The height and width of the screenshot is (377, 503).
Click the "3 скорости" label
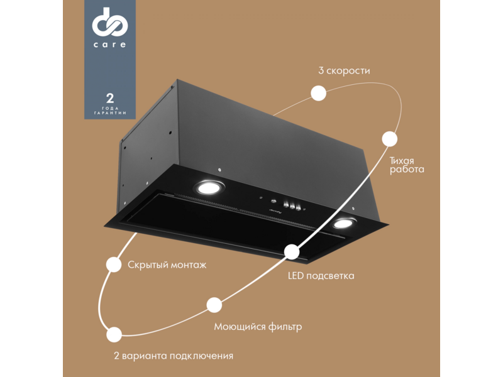(344, 70)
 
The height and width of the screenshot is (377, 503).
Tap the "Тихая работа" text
(407, 165)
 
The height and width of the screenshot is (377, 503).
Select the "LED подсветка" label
(321, 276)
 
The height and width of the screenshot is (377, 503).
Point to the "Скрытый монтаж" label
(167, 265)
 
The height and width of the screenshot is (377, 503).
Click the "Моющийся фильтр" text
(258, 327)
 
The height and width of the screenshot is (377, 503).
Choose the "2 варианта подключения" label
(174, 356)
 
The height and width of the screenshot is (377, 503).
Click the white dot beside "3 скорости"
(319, 93)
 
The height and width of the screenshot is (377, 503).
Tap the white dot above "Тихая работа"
(390, 139)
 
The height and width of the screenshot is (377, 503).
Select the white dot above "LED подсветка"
(292, 252)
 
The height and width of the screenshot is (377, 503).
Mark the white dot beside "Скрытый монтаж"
(114, 265)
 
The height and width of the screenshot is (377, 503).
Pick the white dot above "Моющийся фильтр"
(214, 305)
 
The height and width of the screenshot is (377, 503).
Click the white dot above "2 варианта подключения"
(114, 335)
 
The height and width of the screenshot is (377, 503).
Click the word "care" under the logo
(109, 45)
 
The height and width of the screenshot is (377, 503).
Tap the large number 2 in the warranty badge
(110, 98)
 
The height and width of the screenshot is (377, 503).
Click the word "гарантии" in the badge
(110, 113)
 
